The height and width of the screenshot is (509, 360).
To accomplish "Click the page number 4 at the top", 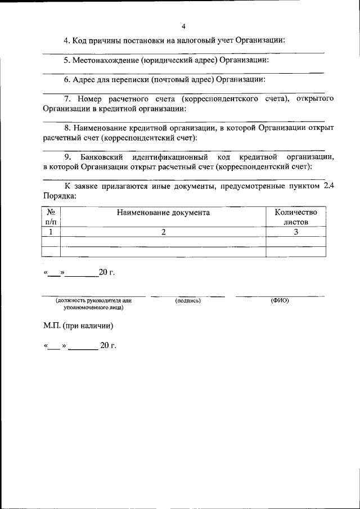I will [x=183, y=26].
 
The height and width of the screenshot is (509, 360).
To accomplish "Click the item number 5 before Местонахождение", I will [x=66, y=60].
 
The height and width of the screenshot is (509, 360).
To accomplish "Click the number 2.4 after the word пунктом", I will [x=328, y=187].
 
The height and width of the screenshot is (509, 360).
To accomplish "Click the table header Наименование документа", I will [x=163, y=213].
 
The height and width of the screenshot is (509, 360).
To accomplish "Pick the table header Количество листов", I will [x=295, y=217].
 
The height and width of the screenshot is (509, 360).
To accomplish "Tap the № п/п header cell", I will [x=51, y=217].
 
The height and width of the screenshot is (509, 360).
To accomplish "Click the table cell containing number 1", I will [x=51, y=232].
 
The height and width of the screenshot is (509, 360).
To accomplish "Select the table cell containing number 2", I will [x=163, y=232].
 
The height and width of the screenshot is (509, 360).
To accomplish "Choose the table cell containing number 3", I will [x=295, y=232].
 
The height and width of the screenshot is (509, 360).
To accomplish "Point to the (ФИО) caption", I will [x=280, y=301].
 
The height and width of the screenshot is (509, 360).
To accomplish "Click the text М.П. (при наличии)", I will [x=78, y=326].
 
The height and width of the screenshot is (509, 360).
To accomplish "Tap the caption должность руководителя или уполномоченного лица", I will [x=93, y=304].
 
